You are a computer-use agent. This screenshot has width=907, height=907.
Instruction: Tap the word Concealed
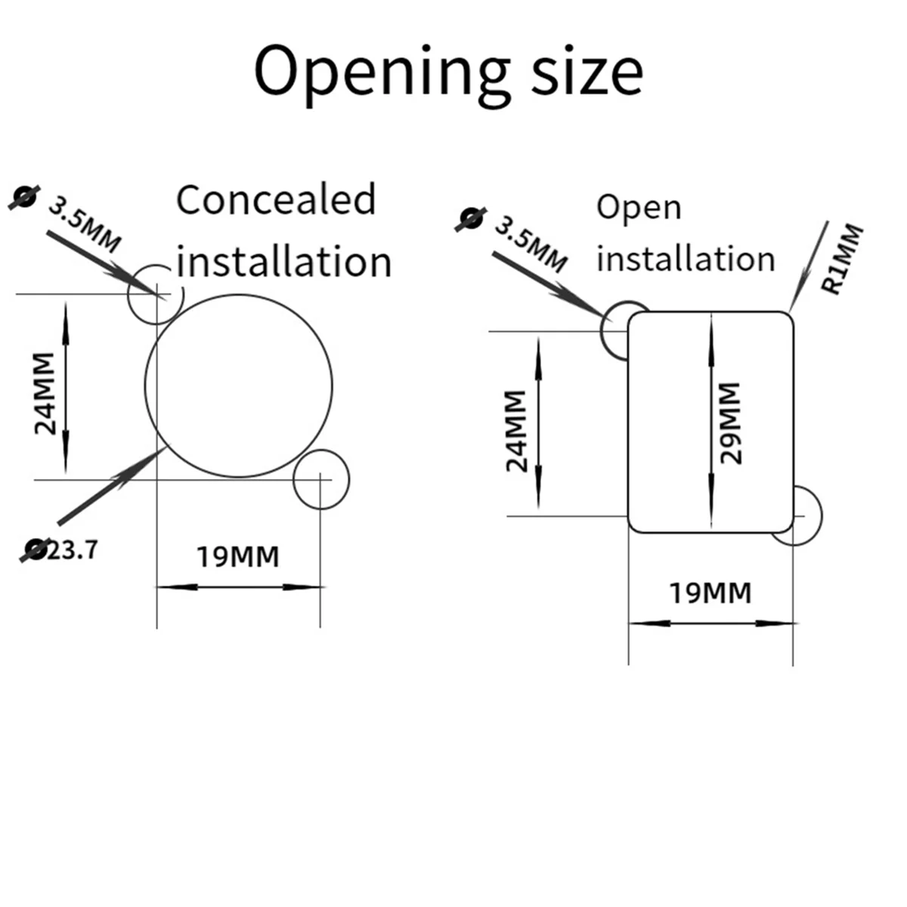276,200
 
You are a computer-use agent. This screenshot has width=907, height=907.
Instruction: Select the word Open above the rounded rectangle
639,208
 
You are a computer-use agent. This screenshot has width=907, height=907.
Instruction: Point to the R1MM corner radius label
841,258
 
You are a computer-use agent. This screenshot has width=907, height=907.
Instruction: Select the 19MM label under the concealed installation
238,557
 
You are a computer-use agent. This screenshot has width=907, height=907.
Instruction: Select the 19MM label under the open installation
710,593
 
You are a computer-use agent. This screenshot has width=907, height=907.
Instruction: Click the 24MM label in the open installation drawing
516,431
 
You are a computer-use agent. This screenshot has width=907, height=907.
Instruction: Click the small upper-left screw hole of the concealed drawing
155,295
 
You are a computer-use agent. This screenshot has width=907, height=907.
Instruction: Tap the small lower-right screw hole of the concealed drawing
322,479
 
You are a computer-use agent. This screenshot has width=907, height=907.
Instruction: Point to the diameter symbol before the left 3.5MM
23,196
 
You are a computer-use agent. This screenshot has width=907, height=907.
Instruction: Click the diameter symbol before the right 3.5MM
470,218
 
